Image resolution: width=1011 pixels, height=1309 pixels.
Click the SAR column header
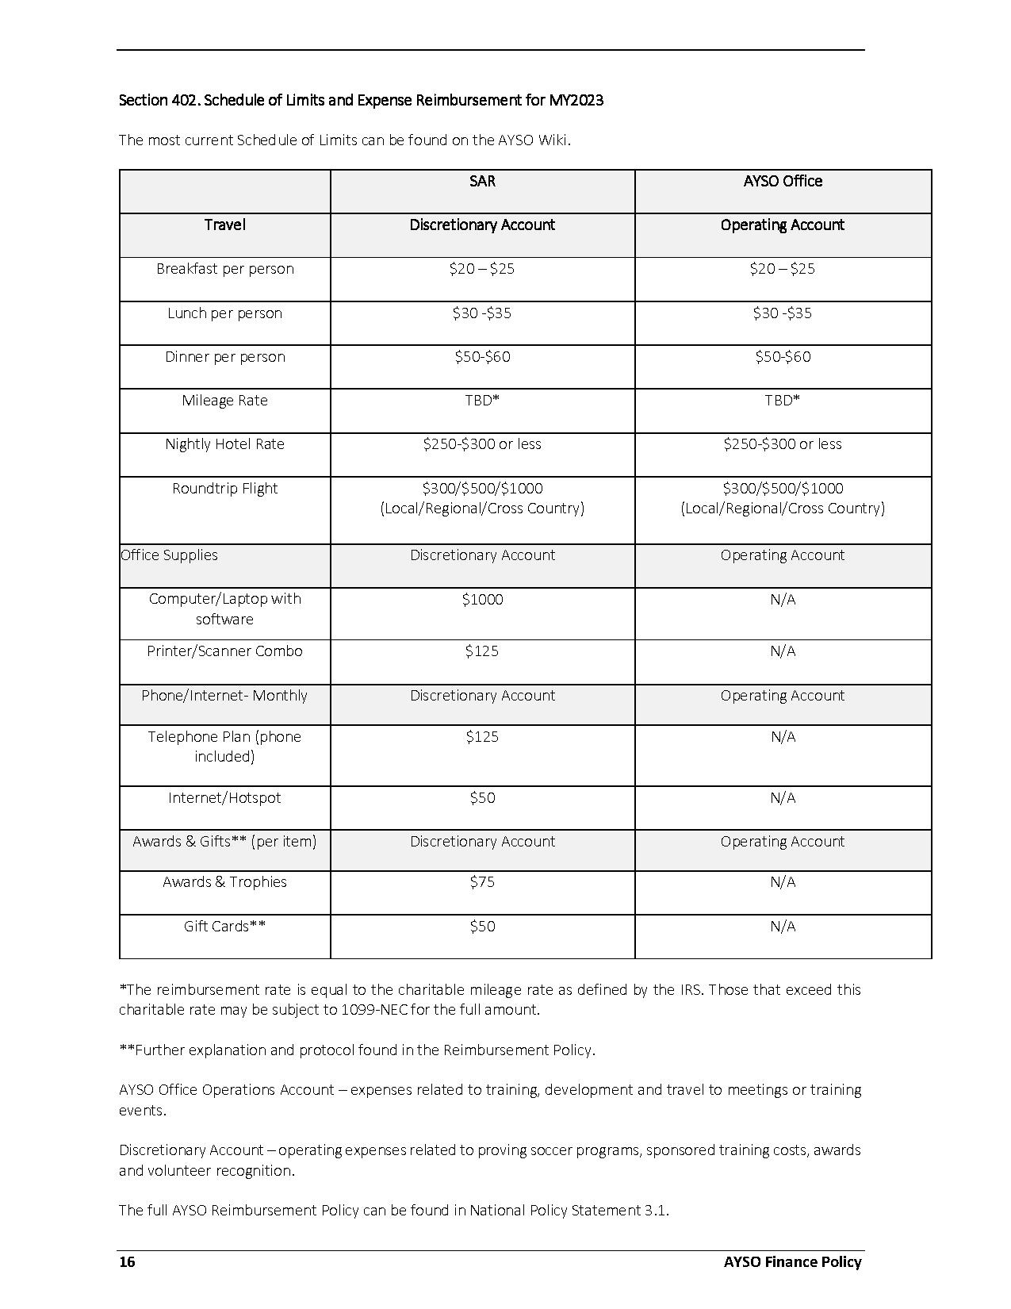(482, 182)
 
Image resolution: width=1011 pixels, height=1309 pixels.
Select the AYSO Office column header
(783, 182)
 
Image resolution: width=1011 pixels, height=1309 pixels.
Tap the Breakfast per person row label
(224, 269)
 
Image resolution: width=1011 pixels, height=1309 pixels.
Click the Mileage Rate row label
(224, 401)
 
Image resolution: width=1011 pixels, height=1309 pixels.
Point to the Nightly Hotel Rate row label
(224, 444)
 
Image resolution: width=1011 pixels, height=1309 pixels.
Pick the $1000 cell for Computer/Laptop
(482, 600)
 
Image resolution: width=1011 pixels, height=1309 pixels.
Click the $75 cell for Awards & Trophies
(482, 882)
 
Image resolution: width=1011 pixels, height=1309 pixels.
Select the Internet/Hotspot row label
(224, 798)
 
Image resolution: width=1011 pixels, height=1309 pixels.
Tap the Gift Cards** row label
(224, 927)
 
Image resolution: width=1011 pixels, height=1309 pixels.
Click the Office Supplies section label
(169, 555)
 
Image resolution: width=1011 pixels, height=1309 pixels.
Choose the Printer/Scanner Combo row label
(224, 651)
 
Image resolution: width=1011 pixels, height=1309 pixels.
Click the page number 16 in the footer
(127, 1262)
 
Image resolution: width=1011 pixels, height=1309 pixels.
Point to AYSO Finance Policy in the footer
(792, 1262)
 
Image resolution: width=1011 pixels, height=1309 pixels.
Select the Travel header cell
(224, 225)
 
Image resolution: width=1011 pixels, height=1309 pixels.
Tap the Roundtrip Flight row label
(224, 489)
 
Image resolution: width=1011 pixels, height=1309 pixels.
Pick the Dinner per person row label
(224, 357)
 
